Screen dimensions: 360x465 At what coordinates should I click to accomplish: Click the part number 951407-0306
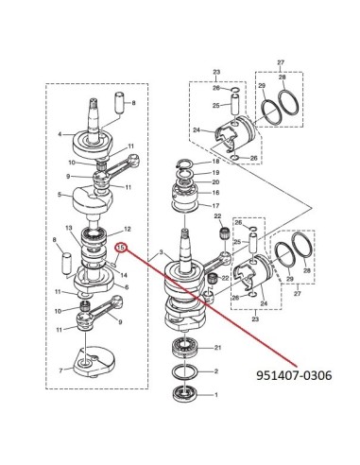click(x=294, y=375)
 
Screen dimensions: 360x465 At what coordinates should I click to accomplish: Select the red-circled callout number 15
click(x=121, y=248)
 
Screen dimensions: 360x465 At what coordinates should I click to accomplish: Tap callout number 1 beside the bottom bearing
click(x=216, y=395)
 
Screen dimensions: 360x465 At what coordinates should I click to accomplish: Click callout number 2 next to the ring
click(x=216, y=371)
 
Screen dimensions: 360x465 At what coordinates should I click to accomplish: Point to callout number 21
click(x=218, y=348)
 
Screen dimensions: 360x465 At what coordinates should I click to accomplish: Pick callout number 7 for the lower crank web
click(x=60, y=370)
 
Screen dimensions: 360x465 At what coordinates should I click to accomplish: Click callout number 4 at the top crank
click(x=60, y=134)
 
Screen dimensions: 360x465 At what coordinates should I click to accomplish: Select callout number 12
click(x=128, y=229)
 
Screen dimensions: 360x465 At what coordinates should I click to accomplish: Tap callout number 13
click(x=69, y=228)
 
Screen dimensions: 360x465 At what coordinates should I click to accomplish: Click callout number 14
click(x=124, y=275)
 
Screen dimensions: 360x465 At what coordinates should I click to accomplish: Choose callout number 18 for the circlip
click(x=215, y=162)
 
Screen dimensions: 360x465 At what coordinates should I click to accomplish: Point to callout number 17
click(x=215, y=206)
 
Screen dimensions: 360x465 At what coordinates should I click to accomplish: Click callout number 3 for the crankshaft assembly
click(x=161, y=252)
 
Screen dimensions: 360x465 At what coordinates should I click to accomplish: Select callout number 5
click(x=60, y=195)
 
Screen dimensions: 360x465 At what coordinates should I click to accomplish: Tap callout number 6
click(x=127, y=287)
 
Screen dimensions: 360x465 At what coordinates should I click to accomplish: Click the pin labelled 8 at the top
click(x=120, y=102)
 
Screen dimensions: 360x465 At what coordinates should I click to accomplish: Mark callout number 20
click(x=215, y=182)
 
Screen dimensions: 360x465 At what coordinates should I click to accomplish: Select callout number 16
click(x=215, y=193)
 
